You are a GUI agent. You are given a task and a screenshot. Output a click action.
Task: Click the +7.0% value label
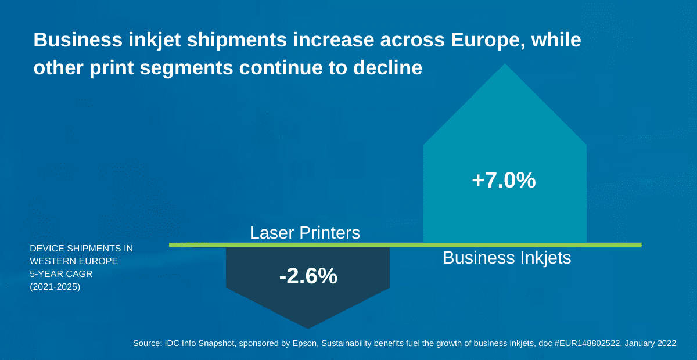click(x=504, y=181)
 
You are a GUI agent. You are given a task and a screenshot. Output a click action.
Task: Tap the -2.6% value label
click(x=308, y=276)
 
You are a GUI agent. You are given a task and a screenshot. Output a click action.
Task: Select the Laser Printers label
click(x=305, y=233)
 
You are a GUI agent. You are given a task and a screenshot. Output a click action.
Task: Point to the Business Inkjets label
click(x=507, y=258)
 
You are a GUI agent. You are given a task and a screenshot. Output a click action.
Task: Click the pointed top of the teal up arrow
click(x=505, y=65)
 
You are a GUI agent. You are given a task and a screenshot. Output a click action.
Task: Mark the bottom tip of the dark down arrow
click(x=308, y=327)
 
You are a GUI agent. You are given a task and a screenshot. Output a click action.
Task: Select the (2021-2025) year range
click(x=55, y=286)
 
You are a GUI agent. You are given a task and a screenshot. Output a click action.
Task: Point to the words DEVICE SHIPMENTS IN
click(x=81, y=249)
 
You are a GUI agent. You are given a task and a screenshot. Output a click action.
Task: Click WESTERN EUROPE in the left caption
click(x=74, y=261)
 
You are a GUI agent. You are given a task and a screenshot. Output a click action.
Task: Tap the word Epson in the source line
click(x=303, y=343)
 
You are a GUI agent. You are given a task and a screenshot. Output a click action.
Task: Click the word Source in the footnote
click(x=147, y=343)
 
